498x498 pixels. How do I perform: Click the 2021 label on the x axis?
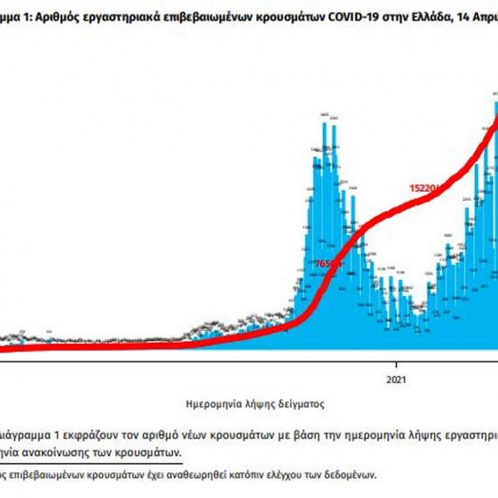coord(395,380)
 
